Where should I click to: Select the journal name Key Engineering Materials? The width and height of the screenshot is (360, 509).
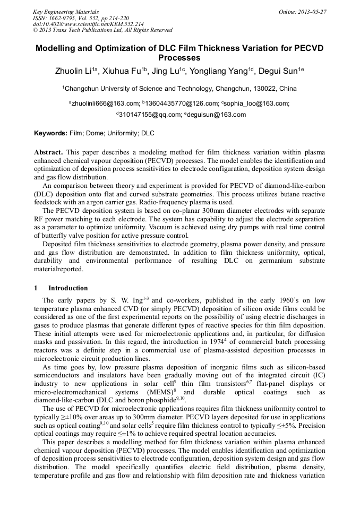(x=66, y=11)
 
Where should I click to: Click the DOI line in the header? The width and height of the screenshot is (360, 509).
(x=88, y=24)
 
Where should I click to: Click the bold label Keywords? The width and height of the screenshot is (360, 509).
(x=50, y=133)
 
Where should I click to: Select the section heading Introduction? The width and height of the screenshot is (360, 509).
(x=68, y=288)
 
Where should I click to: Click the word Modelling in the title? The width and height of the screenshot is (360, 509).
(x=58, y=48)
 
